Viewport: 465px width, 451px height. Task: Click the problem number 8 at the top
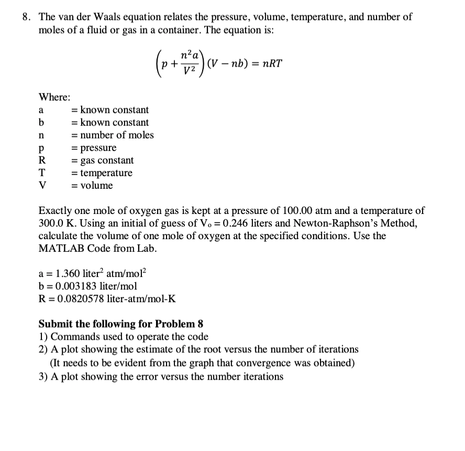25,17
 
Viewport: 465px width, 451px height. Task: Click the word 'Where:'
55,97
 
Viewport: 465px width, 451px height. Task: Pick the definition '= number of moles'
113,135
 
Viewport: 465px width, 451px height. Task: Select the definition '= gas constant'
103,160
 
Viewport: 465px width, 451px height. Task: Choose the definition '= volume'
92,186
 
